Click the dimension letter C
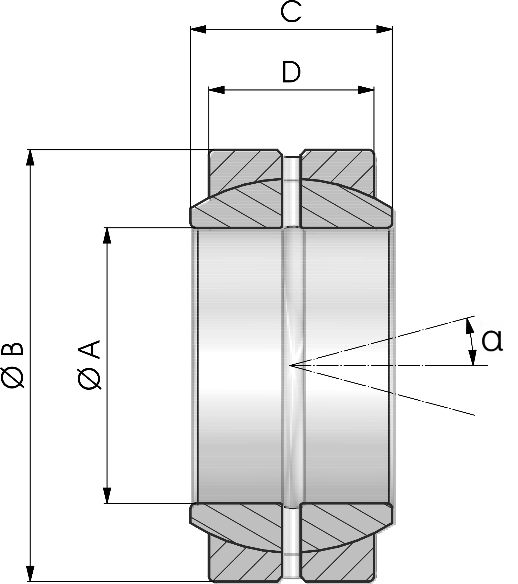[x=291, y=12]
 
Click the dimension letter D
[x=291, y=72]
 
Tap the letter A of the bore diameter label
[x=89, y=349]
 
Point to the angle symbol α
[x=492, y=341]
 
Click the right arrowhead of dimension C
[x=384, y=29]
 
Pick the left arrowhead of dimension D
[x=217, y=90]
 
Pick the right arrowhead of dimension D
[x=366, y=90]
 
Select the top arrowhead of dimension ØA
[x=107, y=236]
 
